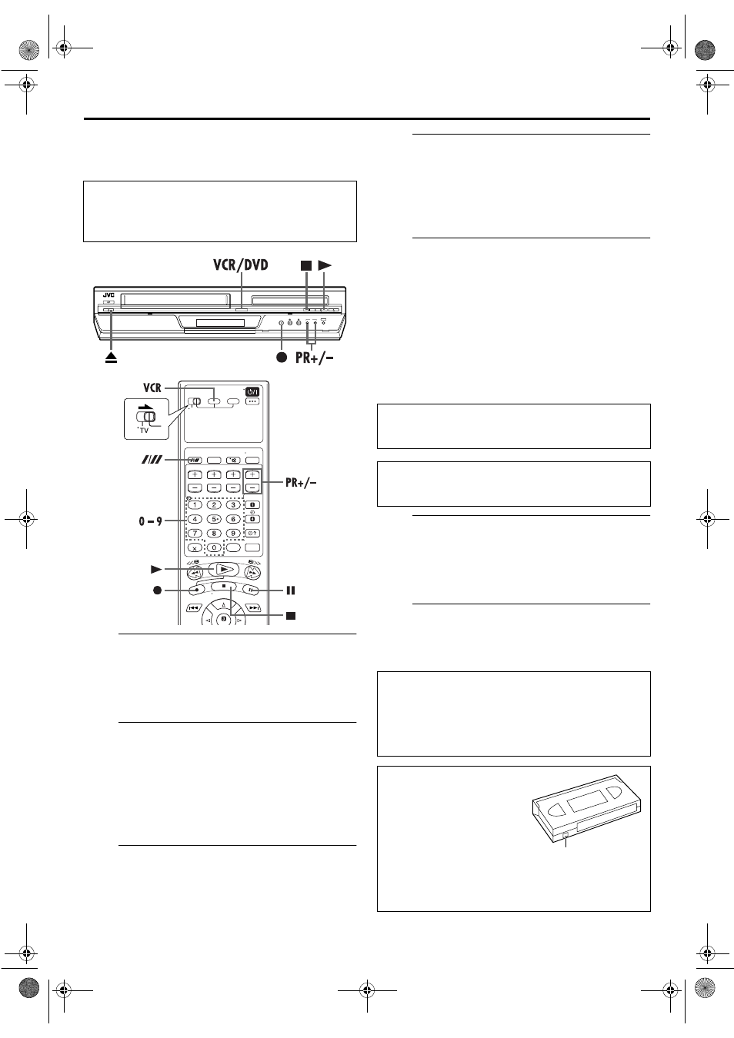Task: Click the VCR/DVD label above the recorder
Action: (x=241, y=265)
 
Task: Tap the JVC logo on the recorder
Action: (x=108, y=295)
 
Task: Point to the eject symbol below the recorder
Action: (x=112, y=358)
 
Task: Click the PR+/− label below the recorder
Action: (x=315, y=358)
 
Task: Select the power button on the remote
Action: (x=252, y=392)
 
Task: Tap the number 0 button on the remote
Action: (x=214, y=547)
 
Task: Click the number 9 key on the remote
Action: (x=233, y=534)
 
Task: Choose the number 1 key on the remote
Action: (x=195, y=504)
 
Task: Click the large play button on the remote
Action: (x=224, y=570)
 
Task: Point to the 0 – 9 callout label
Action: (x=150, y=521)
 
